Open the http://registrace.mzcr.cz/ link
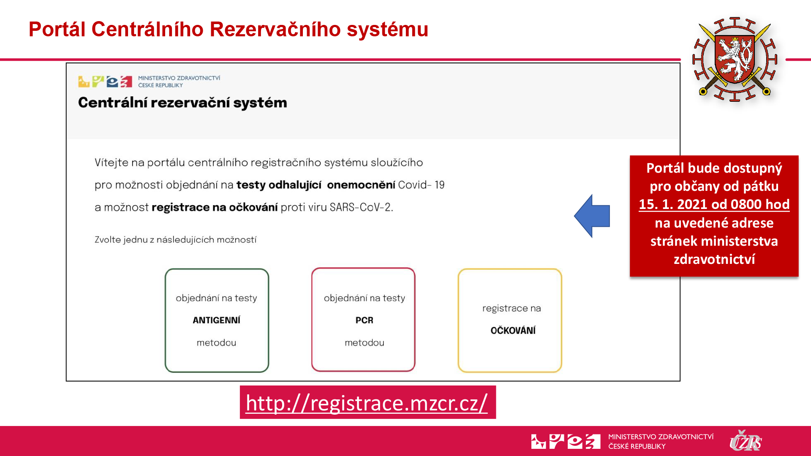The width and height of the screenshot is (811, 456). [367, 402]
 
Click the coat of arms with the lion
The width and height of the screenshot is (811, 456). [735, 60]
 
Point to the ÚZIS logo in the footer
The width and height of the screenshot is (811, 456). [746, 441]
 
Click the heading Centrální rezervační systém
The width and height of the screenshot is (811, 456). [182, 103]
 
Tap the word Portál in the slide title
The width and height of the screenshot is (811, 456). [57, 29]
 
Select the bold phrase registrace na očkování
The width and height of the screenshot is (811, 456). [215, 207]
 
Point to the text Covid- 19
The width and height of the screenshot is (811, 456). [421, 185]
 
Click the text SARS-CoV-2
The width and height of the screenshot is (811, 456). [361, 207]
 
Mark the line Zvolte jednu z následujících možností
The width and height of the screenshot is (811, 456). [175, 240]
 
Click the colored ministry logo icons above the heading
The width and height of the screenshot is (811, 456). [105, 81]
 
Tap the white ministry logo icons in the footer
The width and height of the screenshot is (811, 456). [566, 441]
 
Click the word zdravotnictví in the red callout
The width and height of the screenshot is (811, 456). [714, 259]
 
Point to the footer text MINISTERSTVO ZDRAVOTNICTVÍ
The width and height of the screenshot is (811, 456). [661, 437]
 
